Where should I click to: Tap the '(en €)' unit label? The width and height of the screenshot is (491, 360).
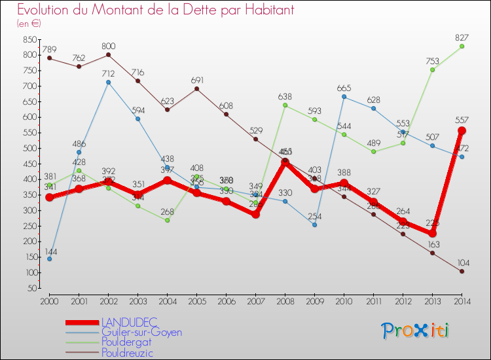click(29, 24)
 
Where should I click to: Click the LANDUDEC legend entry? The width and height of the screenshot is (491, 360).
click(128, 322)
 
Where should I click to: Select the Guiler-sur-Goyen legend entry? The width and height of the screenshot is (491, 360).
click(141, 332)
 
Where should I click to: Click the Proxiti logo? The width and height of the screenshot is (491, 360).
click(416, 331)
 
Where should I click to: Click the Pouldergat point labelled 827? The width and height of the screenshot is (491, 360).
click(462, 46)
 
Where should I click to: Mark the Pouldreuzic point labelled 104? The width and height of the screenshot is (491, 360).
click(462, 271)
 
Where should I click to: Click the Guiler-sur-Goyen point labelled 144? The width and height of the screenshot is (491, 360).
click(49, 259)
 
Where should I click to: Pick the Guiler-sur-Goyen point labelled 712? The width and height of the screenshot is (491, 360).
click(108, 82)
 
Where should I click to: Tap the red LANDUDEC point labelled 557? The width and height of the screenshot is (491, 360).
click(462, 130)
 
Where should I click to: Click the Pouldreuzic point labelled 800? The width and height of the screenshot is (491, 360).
click(108, 54)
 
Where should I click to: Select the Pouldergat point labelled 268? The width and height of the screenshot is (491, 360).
click(167, 220)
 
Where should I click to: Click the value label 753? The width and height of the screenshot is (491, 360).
click(433, 60)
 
